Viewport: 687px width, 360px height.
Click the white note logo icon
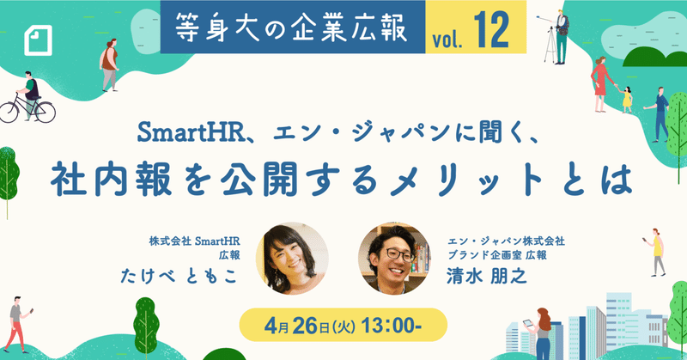(38, 40)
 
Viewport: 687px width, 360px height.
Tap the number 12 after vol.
(491, 30)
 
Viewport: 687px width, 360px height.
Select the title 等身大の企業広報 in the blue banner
(291, 27)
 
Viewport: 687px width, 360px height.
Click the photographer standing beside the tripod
(561, 36)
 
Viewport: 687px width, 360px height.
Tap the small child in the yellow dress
(627, 100)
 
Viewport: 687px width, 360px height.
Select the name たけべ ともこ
(179, 276)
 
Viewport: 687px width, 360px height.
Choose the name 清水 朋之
(486, 276)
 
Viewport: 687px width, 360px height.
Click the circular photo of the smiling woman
(292, 259)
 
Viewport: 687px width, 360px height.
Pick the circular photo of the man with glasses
(394, 259)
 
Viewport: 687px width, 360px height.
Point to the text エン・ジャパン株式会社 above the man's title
(506, 241)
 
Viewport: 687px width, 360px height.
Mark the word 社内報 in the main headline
(112, 180)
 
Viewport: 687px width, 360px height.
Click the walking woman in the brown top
(109, 65)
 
